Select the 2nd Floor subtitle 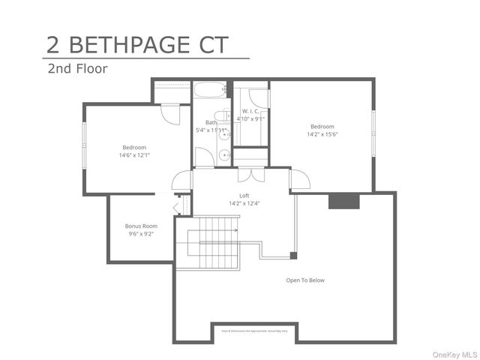77,69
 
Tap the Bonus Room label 141,226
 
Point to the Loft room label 244,196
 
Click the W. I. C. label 250,111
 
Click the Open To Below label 305,280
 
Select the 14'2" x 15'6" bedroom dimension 322,135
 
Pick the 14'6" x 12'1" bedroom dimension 134,155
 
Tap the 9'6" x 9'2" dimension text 141,234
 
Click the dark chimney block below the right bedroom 344,201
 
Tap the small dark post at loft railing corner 293,256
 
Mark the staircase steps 217,242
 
